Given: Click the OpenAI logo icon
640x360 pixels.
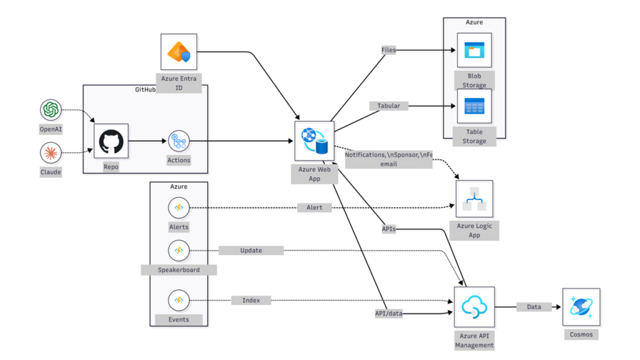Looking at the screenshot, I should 51,111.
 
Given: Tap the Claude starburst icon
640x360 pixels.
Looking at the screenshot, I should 51,152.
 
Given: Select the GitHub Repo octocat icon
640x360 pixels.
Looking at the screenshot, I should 111,141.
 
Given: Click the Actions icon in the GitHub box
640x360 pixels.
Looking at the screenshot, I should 179,141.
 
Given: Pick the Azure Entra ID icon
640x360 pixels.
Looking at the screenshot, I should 179,52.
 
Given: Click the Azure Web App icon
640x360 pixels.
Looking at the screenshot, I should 314,141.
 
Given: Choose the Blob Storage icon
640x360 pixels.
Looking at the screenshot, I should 474,50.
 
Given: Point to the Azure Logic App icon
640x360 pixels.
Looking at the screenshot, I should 474,199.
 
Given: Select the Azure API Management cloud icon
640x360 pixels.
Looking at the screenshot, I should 474,306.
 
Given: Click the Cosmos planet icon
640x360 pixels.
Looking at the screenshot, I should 581,306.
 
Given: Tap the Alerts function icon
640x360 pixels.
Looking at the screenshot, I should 179,207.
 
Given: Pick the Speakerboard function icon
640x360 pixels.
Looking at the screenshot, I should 179,251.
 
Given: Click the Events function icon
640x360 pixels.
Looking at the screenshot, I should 179,300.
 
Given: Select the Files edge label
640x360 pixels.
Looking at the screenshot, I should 388,50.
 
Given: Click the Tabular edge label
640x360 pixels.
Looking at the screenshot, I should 389,106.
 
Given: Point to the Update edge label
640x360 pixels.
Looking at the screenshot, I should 251,251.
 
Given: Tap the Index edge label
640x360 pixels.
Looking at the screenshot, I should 251,301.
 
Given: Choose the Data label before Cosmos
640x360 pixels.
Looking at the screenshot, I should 534,307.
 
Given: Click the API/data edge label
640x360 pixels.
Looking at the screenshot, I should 388,314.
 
